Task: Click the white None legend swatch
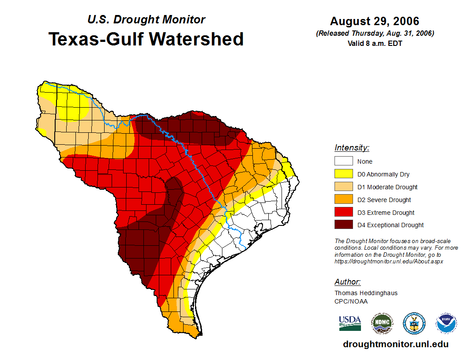click(x=343, y=161)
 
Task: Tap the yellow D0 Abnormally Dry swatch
click(x=343, y=174)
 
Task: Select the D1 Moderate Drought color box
click(x=343, y=187)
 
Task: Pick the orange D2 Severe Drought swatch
click(x=343, y=200)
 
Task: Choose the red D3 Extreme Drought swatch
click(x=343, y=213)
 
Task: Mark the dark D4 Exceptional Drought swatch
click(x=343, y=225)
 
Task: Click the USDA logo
click(x=350, y=323)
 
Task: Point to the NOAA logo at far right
click(x=446, y=323)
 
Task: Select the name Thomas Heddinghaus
click(x=366, y=293)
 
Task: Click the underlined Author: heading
click(x=347, y=282)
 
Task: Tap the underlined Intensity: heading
click(x=352, y=148)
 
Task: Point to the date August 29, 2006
click(x=375, y=21)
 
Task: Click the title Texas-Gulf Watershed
click(x=146, y=39)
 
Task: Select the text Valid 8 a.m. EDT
click(x=375, y=43)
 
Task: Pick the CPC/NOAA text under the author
click(x=351, y=301)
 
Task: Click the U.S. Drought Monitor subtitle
click(x=146, y=19)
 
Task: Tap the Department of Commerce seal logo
click(x=414, y=323)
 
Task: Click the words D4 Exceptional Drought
click(x=390, y=225)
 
